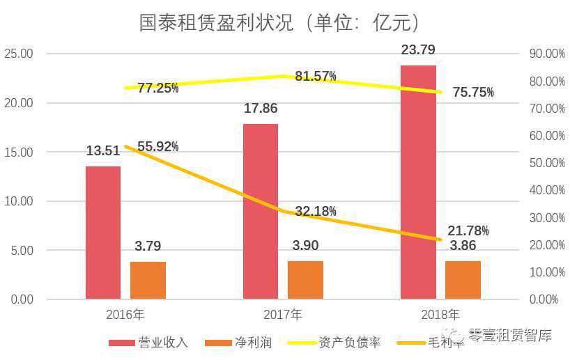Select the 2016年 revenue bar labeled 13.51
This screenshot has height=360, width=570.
point(103,233)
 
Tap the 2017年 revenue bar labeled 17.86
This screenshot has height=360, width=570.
point(261,212)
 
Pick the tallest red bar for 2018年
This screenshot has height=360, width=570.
point(418,182)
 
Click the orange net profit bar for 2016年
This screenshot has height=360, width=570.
point(148,281)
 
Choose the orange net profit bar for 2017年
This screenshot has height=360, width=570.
point(305,280)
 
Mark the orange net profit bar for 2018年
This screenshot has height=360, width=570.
point(463,280)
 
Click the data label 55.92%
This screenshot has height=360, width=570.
point(157,147)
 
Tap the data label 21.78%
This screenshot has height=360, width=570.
point(468,230)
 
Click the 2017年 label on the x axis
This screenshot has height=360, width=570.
point(282,314)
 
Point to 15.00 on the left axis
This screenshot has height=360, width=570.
point(18,152)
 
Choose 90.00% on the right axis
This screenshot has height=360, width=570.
point(547,54)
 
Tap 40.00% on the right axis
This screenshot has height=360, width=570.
point(547,190)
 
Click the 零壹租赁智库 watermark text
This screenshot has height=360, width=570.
point(509,336)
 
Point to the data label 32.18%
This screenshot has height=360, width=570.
point(316,211)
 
